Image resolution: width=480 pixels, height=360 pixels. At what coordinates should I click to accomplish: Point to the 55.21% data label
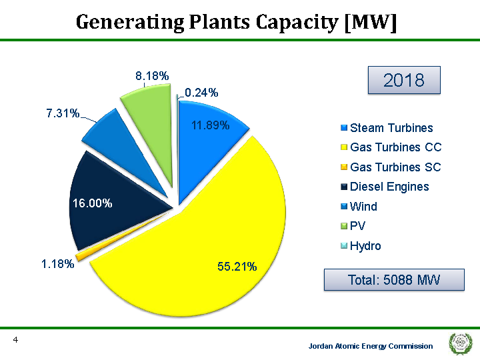237,267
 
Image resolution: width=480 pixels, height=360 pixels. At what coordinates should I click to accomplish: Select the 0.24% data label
201,93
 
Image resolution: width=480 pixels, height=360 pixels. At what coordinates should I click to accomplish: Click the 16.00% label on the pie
92,203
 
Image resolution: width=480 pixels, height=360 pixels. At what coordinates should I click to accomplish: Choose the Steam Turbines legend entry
391,128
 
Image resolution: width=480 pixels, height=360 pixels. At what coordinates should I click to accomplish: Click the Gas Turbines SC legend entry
395,167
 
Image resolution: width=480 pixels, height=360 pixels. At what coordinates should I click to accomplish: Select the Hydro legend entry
365,246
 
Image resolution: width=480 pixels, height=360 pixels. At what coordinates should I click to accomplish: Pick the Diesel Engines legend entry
389,187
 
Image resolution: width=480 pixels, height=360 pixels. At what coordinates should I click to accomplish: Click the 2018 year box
404,81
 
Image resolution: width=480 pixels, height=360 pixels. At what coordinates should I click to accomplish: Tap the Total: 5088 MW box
394,280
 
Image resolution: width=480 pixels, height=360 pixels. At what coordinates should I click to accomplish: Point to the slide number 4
15,341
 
